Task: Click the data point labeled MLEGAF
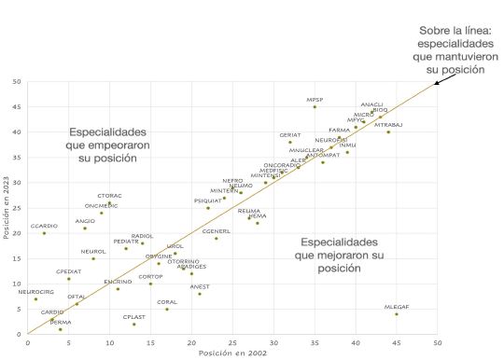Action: tap(397, 314)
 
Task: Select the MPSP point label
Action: tap(315, 100)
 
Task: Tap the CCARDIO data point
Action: tap(44, 233)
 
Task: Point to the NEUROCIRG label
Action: tap(35, 292)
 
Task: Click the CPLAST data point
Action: tap(134, 325)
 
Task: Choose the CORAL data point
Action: tap(167, 310)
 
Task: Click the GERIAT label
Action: tap(290, 135)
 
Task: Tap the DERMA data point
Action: tap(61, 329)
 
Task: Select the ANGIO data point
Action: tap(85, 228)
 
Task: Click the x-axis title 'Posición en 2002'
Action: tap(231, 353)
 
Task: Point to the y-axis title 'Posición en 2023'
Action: tap(7, 208)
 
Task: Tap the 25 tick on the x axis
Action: tap(232, 342)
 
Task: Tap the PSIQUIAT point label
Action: tap(207, 201)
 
